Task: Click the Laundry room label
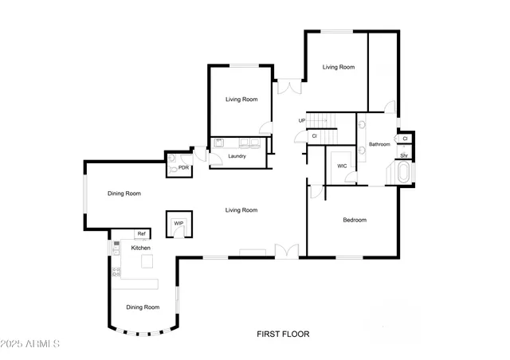(236, 156)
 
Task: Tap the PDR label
(183, 168)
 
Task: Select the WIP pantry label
(178, 223)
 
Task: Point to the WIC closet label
(342, 166)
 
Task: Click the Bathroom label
(379, 144)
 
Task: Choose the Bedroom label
(355, 220)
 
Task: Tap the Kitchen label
(141, 248)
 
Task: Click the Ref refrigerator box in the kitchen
(141, 233)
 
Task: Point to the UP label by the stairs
(301, 120)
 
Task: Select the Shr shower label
(404, 155)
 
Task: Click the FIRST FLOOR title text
(282, 335)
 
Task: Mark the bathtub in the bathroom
(402, 174)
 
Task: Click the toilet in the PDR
(171, 169)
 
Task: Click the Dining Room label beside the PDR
(124, 194)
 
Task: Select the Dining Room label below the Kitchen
(143, 307)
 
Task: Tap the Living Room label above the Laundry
(241, 100)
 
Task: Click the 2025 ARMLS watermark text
(31, 344)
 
